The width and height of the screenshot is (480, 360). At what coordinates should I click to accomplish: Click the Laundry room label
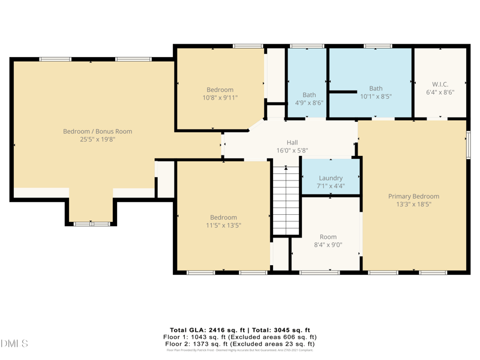(331, 178)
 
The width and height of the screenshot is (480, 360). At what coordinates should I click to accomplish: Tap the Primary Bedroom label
(413, 196)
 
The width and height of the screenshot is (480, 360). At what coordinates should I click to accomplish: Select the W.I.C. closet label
(440, 85)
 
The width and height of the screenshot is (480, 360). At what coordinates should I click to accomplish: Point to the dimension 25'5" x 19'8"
(98, 139)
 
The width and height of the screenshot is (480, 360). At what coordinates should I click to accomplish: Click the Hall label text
(292, 142)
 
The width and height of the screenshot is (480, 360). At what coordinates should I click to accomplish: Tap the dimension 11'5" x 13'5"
(223, 225)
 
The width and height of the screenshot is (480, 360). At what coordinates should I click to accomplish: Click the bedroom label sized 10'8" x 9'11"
(220, 90)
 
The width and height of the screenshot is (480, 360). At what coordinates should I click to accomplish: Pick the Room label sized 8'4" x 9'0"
(328, 237)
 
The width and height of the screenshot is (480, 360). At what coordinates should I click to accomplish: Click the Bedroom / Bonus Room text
(98, 131)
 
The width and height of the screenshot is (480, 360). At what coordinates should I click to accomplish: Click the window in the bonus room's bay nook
(92, 224)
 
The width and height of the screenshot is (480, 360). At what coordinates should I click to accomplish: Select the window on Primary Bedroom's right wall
(468, 145)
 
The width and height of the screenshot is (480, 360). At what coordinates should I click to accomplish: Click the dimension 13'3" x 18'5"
(413, 204)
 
